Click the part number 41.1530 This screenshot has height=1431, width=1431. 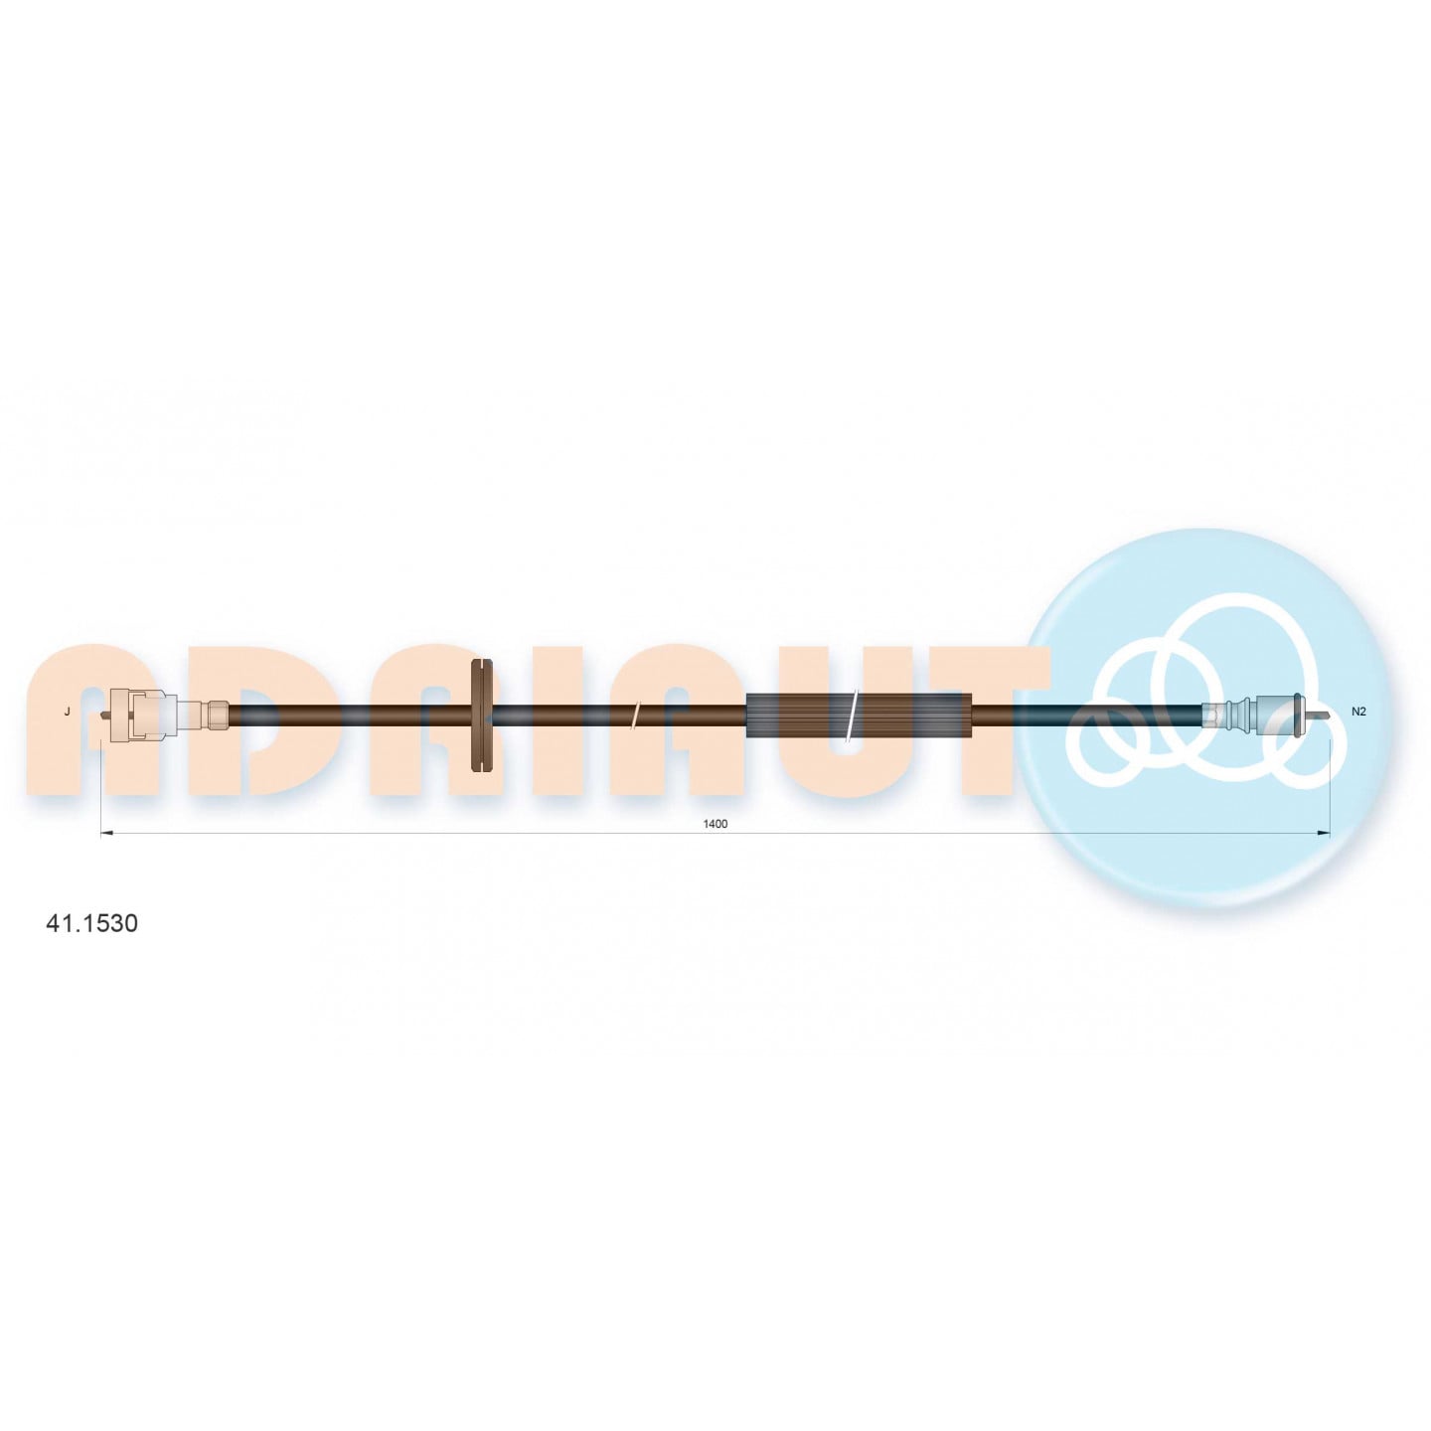click(x=91, y=924)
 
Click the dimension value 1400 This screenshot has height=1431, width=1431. click(x=715, y=824)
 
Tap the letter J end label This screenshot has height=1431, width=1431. click(x=68, y=712)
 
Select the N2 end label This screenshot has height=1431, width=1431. click(x=1358, y=712)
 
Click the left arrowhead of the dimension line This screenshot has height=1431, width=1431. click(x=105, y=833)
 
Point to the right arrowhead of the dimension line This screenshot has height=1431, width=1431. click(x=1323, y=833)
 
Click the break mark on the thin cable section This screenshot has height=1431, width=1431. click(x=633, y=715)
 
